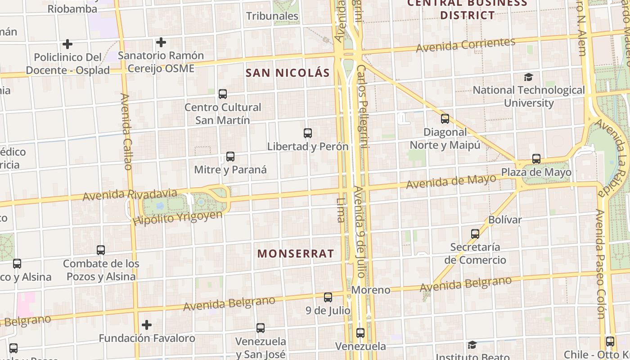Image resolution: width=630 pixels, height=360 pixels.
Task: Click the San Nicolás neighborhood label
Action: point(288,73)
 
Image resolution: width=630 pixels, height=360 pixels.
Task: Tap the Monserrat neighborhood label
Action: point(296,254)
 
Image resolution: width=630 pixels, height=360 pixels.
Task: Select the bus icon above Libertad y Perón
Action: point(308,133)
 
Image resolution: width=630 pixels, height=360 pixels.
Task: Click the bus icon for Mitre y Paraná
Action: point(230,157)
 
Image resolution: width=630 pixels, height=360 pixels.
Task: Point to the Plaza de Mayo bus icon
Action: point(536,159)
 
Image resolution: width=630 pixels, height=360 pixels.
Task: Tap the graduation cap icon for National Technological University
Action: point(528,77)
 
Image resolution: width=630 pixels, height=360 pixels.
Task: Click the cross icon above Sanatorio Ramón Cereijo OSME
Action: point(161,42)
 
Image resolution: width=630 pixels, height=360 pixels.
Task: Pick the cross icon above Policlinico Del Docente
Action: point(67,44)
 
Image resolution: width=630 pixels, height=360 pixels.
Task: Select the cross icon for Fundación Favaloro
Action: point(147,324)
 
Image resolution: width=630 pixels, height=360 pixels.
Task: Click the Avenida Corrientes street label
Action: point(465,45)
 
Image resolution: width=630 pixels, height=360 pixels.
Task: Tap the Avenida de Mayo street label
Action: point(451,182)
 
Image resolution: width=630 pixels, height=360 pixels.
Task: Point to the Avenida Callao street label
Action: point(126,131)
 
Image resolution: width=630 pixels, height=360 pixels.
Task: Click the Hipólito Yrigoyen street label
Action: point(177,218)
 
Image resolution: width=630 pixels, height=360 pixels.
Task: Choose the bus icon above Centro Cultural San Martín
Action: point(223,94)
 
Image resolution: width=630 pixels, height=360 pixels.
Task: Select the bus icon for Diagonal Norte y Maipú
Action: point(445,119)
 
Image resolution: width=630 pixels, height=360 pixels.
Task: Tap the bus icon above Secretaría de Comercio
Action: point(475,234)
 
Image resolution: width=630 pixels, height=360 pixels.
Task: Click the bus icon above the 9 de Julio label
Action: point(328,297)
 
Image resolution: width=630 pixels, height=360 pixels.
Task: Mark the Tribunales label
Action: point(272,16)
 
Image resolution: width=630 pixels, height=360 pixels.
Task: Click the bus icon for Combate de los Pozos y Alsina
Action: point(101,250)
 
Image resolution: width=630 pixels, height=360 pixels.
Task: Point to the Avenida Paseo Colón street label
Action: point(601,264)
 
